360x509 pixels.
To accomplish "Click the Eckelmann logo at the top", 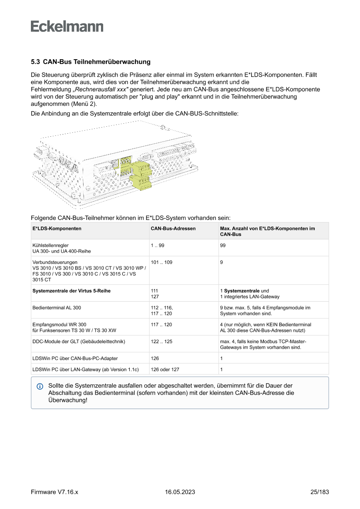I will pos(67,27).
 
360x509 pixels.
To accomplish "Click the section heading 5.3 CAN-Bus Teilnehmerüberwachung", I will pos(91,62).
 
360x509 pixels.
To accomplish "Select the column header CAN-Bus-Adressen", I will pos(173,228).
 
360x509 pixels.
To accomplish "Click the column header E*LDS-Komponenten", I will pos(57,228).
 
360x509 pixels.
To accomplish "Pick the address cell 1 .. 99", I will pos(157,246).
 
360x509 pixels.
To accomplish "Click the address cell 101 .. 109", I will pos(161,263).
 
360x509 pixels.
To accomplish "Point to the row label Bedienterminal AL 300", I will pos(57,308).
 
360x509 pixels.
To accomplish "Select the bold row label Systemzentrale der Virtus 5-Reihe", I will pos(71,291).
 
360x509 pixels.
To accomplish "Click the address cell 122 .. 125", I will pos(161,342).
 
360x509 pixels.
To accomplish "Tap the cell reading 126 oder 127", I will pos(165,370).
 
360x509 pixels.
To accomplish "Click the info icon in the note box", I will pos(40,386).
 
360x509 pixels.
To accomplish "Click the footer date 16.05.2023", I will pos(180,492).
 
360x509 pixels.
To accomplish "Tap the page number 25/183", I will pos(320,492).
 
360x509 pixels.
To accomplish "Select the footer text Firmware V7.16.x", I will pos(54,492).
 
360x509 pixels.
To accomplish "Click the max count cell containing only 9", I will pos(222,263).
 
